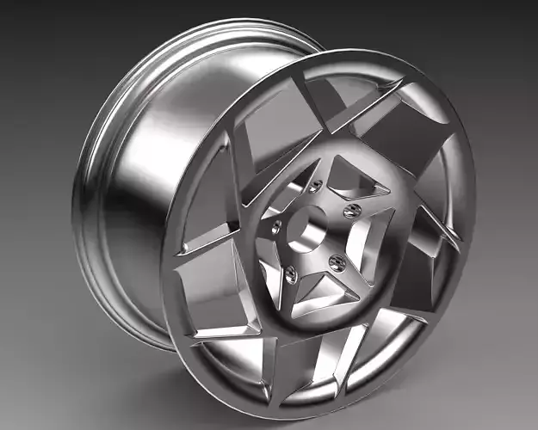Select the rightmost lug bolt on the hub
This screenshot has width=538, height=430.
pos(349,210)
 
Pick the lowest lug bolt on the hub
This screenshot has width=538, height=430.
pos(291,274)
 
